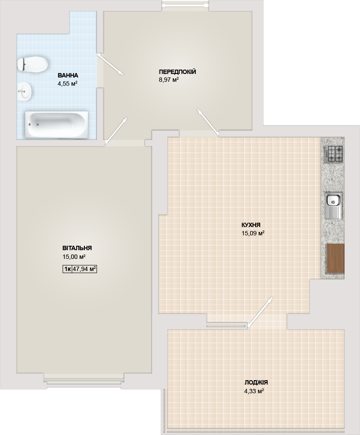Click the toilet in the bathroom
pos(32,64)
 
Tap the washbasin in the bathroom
pos(25,90)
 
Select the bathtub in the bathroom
pos(56,124)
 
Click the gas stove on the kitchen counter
pos(334,154)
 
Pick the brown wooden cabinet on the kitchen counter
pos(336,258)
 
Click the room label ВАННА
pos(68,75)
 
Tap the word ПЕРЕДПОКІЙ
pos(177,72)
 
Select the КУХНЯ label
pos(251,225)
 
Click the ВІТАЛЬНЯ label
pos(77,248)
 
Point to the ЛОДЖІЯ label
pos(256,382)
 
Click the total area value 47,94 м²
pos(84,269)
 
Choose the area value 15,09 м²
pos(253,233)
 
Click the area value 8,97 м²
pos(168,80)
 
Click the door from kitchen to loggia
pos(260,312)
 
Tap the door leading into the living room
pos(117,130)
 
